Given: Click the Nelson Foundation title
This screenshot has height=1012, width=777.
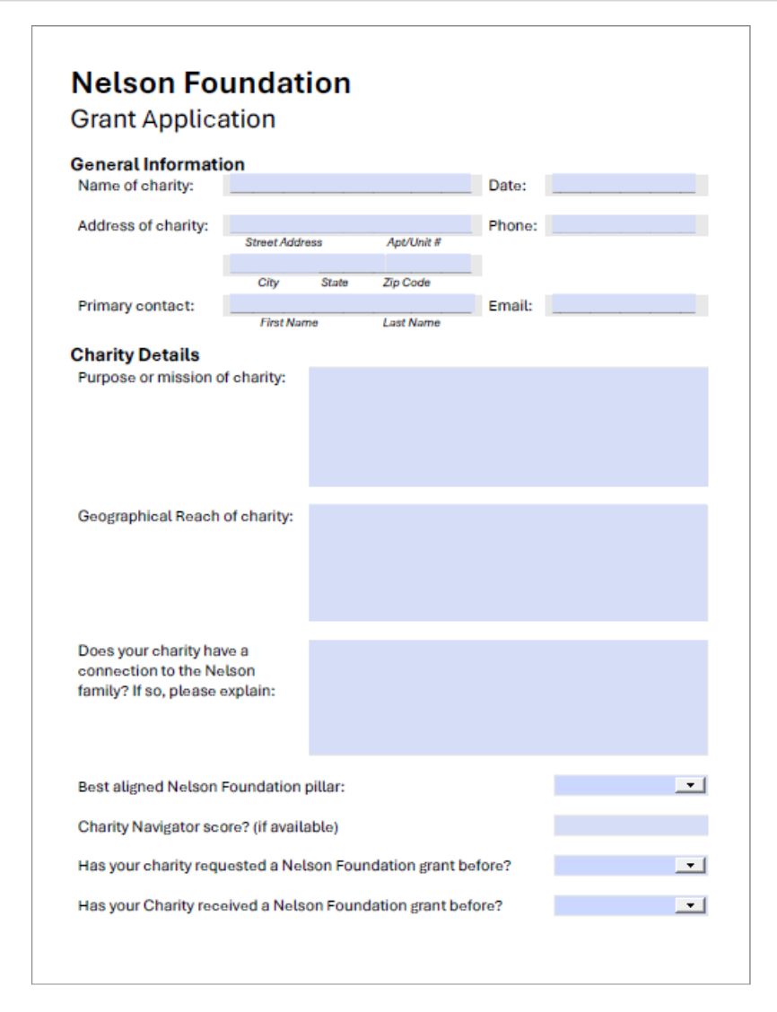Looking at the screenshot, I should (211, 83).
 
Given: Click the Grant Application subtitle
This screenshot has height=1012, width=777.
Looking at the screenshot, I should (173, 119).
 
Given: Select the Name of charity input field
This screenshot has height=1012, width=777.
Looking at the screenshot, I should (350, 185).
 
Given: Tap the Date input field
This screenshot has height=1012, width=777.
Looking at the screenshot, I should (624, 185).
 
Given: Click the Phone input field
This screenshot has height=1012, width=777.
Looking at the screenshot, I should (624, 225).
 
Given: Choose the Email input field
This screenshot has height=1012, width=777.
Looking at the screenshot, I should (624, 305).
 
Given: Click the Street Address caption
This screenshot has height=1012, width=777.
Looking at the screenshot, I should (284, 243).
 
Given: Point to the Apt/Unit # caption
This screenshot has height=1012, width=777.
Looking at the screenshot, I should (413, 243).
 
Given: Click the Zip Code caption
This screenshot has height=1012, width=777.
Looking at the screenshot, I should (406, 283).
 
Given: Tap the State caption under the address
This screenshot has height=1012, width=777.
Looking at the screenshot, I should (335, 283).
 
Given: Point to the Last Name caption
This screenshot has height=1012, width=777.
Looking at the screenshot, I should (411, 323).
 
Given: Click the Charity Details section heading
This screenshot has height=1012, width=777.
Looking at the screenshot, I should (135, 355).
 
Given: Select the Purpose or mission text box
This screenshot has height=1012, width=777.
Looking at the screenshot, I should (508, 426).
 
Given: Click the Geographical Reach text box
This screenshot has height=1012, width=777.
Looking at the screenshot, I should (508, 563).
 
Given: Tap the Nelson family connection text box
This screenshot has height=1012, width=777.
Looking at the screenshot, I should (508, 697).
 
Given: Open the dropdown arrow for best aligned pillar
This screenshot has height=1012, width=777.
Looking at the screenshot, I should (690, 786).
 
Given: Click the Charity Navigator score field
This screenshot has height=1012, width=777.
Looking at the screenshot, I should (630, 825).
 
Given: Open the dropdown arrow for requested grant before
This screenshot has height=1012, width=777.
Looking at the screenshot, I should (690, 866).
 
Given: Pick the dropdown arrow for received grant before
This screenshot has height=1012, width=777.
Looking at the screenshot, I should (690, 905).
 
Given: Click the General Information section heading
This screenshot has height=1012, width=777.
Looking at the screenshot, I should (157, 164).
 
